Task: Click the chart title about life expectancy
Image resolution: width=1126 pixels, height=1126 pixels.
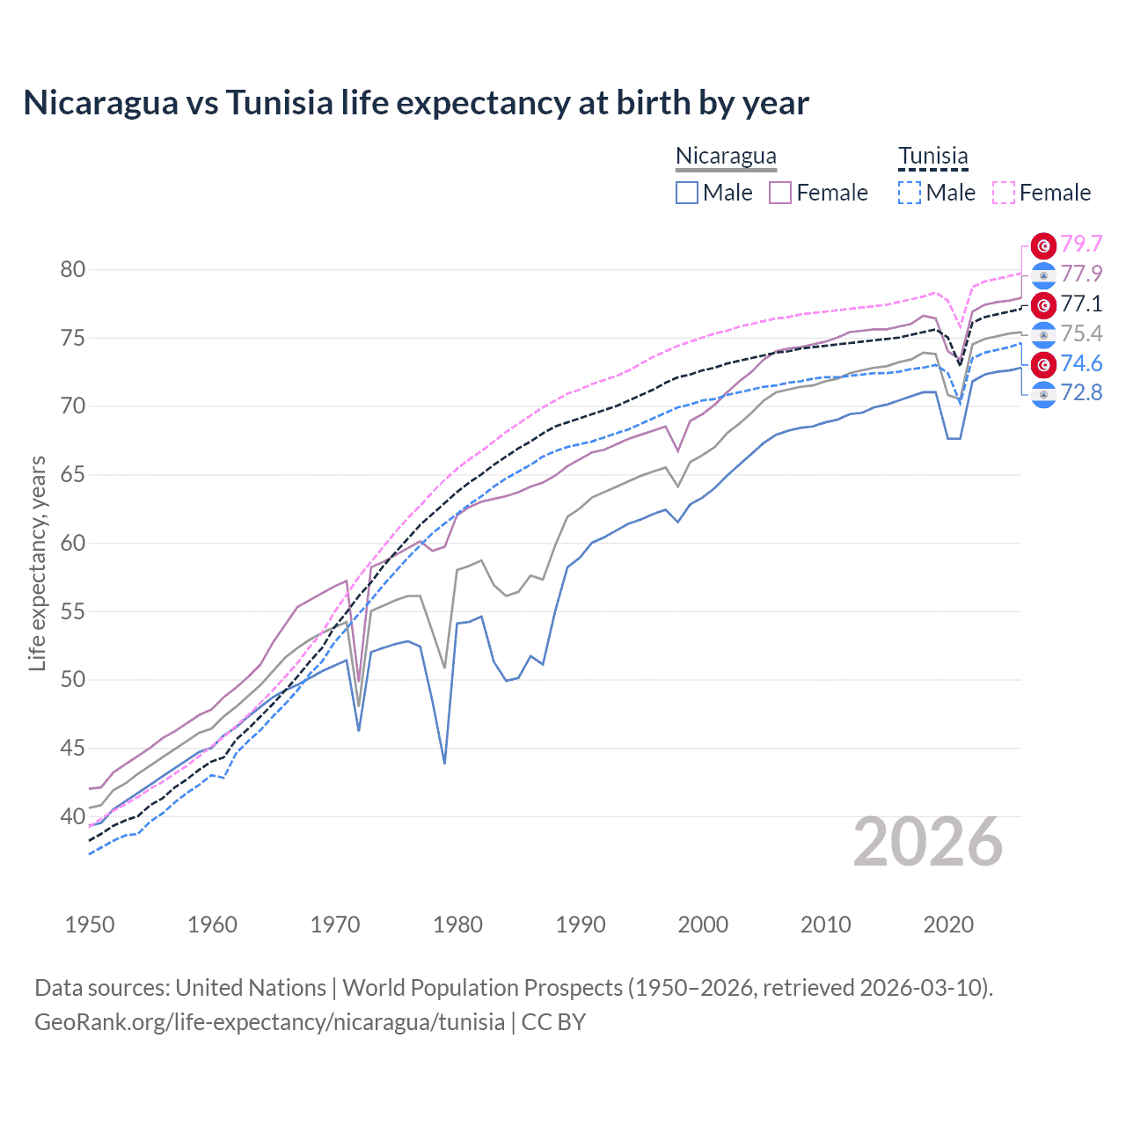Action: (x=415, y=103)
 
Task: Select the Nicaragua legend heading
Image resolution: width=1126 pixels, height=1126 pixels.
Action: (x=726, y=156)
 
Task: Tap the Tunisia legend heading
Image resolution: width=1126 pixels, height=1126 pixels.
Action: (x=932, y=156)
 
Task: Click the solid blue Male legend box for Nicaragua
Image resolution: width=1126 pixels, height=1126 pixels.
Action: (x=687, y=193)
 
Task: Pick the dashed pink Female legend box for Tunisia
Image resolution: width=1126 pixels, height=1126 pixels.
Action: (x=1004, y=193)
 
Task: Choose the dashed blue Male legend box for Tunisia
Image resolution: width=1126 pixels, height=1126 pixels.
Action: (x=910, y=193)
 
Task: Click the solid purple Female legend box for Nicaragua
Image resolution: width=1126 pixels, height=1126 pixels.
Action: (x=780, y=193)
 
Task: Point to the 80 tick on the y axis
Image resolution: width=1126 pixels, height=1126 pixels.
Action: (x=73, y=270)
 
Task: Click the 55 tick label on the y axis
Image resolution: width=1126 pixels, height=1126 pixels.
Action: (x=73, y=611)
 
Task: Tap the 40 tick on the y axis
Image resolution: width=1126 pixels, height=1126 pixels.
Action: (x=73, y=816)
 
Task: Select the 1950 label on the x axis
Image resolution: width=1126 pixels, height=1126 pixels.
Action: (x=90, y=925)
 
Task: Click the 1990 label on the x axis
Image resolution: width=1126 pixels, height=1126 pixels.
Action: (x=581, y=925)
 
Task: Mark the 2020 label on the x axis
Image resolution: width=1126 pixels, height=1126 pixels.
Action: (x=948, y=925)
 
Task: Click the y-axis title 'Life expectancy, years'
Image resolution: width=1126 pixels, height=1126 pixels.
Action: (x=37, y=563)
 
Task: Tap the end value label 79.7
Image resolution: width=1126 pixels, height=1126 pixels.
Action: (x=1081, y=244)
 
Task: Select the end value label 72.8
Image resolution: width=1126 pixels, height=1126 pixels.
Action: (x=1081, y=392)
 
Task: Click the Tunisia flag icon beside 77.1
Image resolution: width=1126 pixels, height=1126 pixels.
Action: (x=1043, y=304)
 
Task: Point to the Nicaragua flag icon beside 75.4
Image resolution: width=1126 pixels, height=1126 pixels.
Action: (x=1043, y=334)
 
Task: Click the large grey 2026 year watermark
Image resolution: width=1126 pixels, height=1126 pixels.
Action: (x=928, y=842)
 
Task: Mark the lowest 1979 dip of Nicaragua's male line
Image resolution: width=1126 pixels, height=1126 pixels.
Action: (x=445, y=763)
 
